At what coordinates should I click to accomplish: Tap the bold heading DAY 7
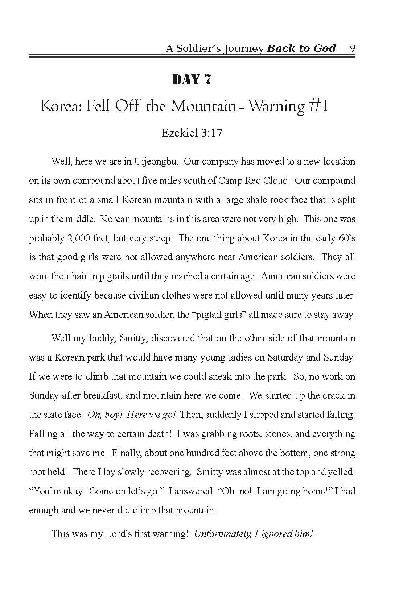[192, 80]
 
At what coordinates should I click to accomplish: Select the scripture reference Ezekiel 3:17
[192, 133]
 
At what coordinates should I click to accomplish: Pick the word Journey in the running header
[240, 49]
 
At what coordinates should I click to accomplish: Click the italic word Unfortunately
[222, 534]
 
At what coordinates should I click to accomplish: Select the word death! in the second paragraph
[158, 434]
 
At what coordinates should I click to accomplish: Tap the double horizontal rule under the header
[192, 57]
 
